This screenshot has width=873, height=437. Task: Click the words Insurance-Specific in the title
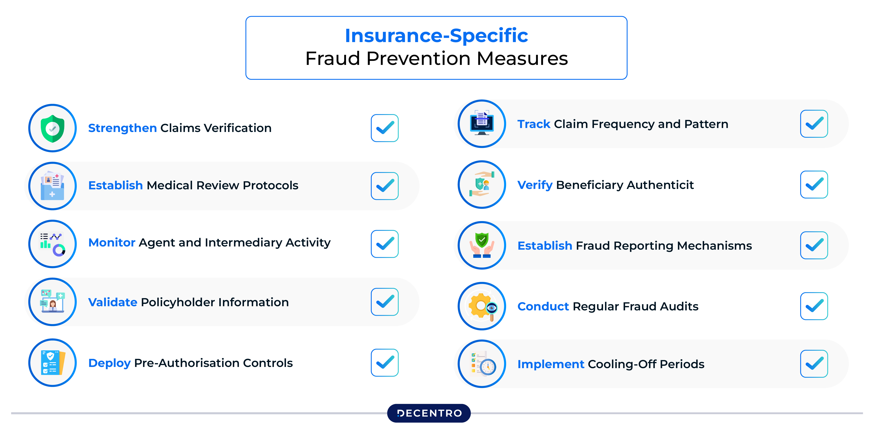(x=436, y=36)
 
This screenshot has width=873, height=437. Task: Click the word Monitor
(x=112, y=243)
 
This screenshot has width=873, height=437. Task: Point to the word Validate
(x=113, y=302)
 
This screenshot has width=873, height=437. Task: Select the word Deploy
(x=109, y=363)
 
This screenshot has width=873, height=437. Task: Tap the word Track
(x=534, y=124)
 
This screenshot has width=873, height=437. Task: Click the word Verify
(x=535, y=185)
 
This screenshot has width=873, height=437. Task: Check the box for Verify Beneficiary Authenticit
(x=814, y=185)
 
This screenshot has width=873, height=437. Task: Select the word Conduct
(x=543, y=306)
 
